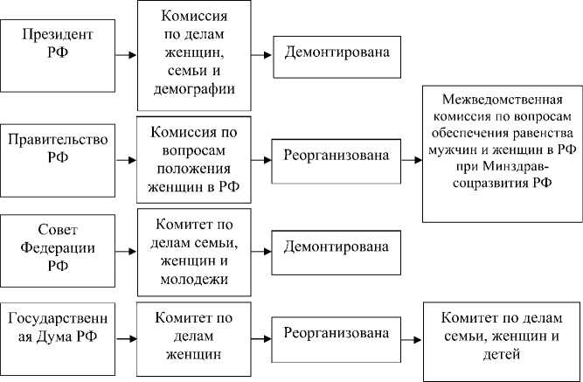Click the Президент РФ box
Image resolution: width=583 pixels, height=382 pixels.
pos(57,45)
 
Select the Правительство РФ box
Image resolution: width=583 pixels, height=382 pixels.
pos(57,148)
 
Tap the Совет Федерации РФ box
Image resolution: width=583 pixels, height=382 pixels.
pos(57,248)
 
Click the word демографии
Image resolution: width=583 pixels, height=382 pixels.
pos(194,88)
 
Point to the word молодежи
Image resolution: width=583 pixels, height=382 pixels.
pos(194,280)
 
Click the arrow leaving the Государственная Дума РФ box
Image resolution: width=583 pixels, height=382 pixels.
pos(125,336)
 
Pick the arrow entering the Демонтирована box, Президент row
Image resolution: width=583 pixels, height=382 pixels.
pos(261,54)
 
